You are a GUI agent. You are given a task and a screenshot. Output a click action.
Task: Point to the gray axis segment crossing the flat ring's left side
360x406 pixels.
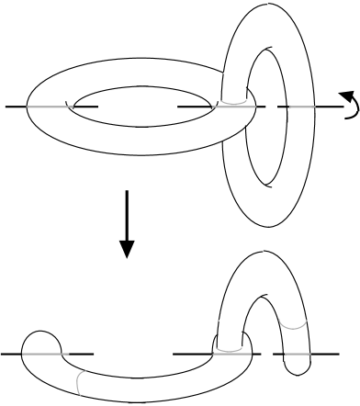pyautogui.click(x=50, y=107)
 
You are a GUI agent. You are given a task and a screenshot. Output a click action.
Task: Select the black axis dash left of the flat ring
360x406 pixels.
pyautogui.click(x=16, y=107)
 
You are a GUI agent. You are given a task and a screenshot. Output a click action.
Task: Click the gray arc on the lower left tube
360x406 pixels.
pyautogui.click(x=81, y=379)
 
